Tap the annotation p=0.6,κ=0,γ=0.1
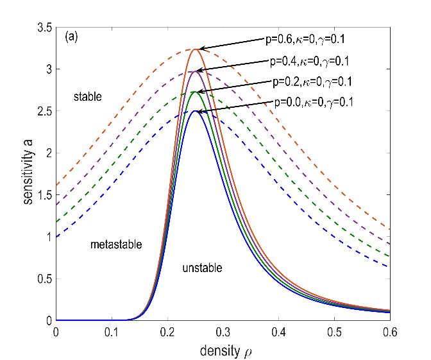pyautogui.click(x=308, y=39)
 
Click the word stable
pyautogui.click(x=89, y=97)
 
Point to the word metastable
pyautogui.click(x=115, y=244)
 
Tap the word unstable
pyautogui.click(x=202, y=268)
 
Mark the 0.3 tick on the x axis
pyautogui.click(x=223, y=332)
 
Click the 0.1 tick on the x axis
pyautogui.click(x=112, y=332)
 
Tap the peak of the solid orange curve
pyautogui.click(x=194, y=49)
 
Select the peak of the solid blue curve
pyautogui.click(x=194, y=111)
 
